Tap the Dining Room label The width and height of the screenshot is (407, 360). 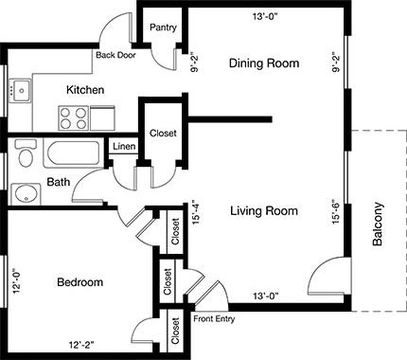[x=264, y=64]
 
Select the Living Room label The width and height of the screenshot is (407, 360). [x=264, y=210]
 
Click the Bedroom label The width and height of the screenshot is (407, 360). [x=80, y=282]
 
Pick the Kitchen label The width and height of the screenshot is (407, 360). [x=84, y=90]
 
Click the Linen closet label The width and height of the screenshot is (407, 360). [x=124, y=147]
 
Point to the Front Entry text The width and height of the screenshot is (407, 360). [x=214, y=318]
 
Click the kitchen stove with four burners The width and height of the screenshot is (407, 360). [x=72, y=118]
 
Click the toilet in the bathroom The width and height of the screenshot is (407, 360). [x=26, y=153]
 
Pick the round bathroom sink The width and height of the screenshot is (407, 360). [x=26, y=196]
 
